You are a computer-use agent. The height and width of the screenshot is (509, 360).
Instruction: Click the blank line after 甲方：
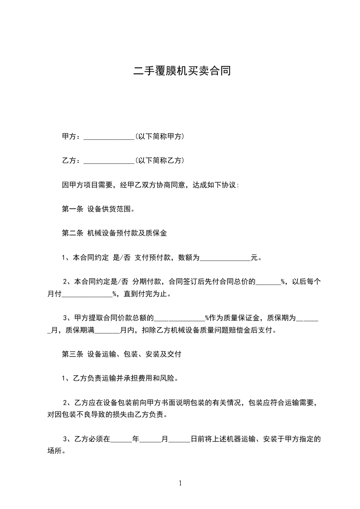click(x=109, y=137)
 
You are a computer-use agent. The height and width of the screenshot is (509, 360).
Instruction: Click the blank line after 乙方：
click(x=109, y=161)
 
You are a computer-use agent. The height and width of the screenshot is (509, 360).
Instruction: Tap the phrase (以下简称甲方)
click(x=159, y=136)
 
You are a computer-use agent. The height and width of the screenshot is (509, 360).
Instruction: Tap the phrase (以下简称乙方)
click(x=159, y=161)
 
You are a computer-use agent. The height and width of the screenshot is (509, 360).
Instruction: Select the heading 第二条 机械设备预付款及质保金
click(x=114, y=234)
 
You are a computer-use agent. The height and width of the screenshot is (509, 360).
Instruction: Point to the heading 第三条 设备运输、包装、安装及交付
click(x=121, y=354)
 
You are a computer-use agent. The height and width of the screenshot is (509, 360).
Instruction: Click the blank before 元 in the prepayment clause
click(x=226, y=259)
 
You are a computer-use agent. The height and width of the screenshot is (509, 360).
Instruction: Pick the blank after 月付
click(x=87, y=294)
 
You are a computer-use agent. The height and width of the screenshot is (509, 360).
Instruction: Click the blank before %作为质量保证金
click(x=180, y=318)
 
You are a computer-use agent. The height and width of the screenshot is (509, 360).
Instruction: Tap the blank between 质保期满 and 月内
click(x=107, y=331)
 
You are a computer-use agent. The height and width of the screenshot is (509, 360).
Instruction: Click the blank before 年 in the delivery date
click(x=121, y=440)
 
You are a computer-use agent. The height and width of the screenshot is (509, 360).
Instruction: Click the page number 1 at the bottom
click(x=180, y=483)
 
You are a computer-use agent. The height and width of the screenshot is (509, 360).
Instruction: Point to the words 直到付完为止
click(x=146, y=294)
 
